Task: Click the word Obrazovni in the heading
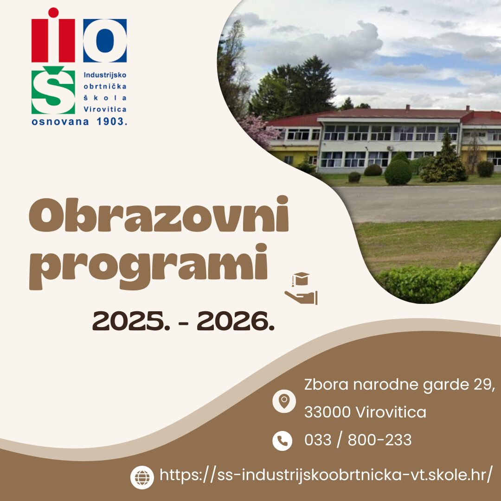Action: pos(159,214)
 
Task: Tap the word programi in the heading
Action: pos(148,266)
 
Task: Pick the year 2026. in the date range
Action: pos(236,321)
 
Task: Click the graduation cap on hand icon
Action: pos(301,289)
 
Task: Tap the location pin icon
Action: pos(284,401)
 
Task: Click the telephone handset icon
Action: pos(282,441)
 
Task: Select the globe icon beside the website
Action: pos(142,477)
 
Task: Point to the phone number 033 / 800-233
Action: pos(358,440)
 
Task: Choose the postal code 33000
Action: pos(328,412)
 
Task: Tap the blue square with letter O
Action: pos(105,40)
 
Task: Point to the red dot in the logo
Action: pos(53,13)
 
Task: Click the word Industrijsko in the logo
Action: pos(105,75)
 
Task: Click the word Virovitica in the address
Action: pos(391,412)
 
